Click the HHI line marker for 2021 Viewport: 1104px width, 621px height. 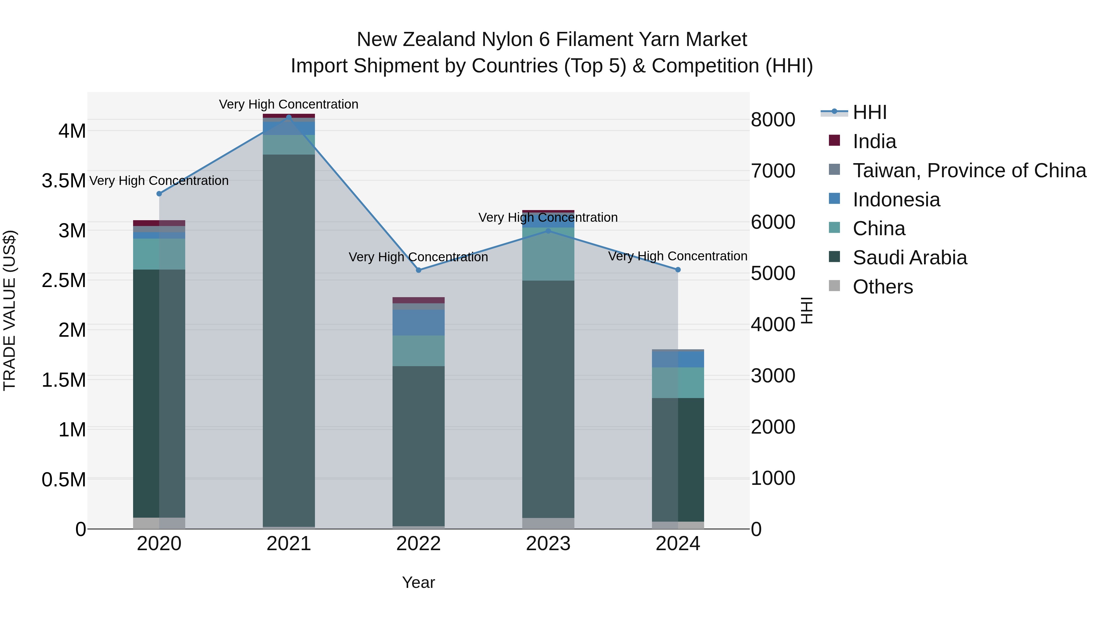point(289,117)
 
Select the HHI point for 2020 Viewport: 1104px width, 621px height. point(159,194)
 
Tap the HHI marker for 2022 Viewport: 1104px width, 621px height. point(419,270)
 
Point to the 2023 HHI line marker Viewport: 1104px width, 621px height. point(548,231)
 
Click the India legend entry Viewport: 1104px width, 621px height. point(874,141)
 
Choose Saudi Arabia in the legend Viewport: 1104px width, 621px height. point(910,258)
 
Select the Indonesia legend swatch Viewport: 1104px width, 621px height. point(834,199)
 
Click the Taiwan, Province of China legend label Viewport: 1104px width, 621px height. point(969,171)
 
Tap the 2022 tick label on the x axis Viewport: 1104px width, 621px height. point(419,544)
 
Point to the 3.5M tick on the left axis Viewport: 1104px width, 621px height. point(64,181)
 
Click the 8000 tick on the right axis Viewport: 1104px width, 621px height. point(773,120)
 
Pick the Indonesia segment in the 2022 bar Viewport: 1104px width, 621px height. point(419,323)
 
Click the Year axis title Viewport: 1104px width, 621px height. point(419,582)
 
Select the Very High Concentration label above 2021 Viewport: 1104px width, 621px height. point(289,104)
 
